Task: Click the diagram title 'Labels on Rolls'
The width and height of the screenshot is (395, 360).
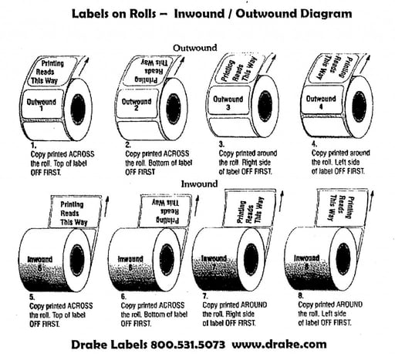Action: click(x=120, y=14)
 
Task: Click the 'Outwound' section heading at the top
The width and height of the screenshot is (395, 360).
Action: click(x=197, y=47)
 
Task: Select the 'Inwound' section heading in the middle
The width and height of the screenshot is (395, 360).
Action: click(x=198, y=184)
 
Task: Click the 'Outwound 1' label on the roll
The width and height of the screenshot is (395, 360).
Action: click(x=42, y=105)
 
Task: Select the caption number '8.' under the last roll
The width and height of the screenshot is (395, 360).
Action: click(x=302, y=294)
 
